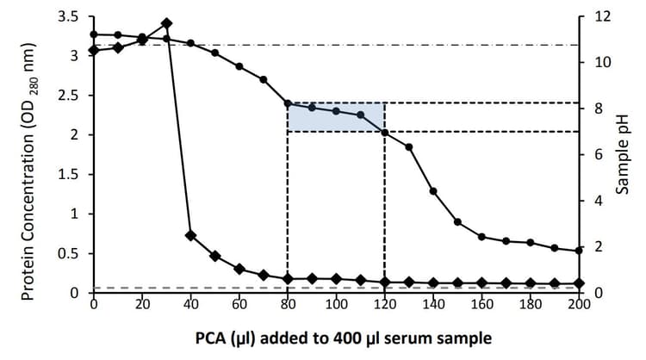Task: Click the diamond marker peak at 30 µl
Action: (166, 23)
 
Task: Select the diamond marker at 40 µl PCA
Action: (190, 235)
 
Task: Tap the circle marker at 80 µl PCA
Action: (288, 103)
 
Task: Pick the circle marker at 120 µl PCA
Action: (384, 132)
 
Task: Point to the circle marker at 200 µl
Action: (579, 251)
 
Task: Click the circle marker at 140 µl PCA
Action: (433, 191)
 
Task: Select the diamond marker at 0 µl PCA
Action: (94, 50)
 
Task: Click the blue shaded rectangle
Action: (336, 117)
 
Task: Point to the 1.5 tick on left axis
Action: (68, 175)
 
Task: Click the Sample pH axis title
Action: (626, 155)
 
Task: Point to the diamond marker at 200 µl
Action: (579, 282)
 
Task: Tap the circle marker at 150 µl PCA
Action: (457, 222)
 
